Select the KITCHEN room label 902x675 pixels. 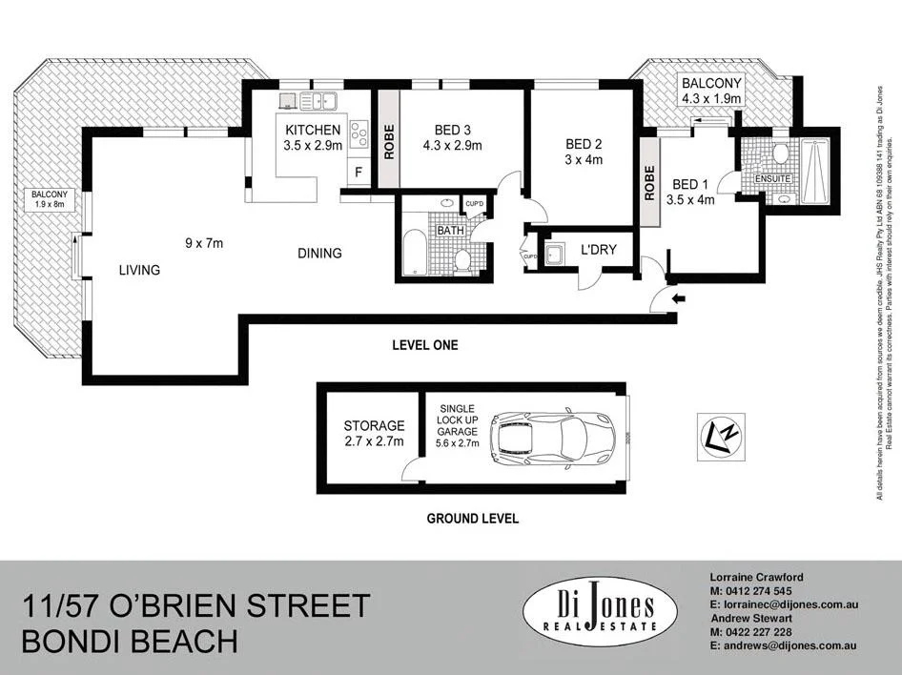pos(311,130)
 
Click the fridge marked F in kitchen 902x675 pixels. pos(359,173)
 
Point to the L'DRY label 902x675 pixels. pos(599,250)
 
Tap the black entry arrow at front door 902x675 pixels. pos(678,299)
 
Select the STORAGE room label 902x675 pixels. pos(374,425)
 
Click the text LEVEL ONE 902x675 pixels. pos(425,345)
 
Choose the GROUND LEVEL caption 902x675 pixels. pos(473,519)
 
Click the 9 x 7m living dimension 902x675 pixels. pos(204,243)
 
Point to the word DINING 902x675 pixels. pos(319,253)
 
